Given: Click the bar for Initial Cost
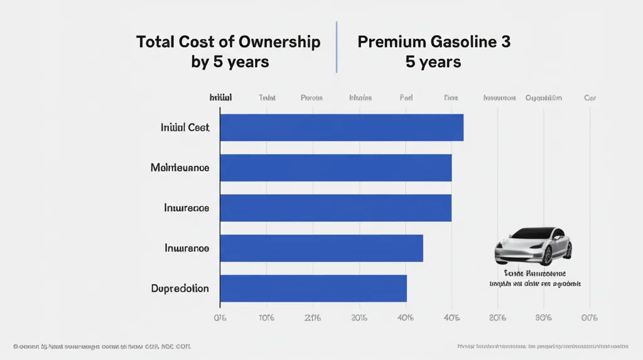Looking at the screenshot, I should pyautogui.click(x=342, y=128).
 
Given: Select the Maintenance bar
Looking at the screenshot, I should pyautogui.click(x=336, y=168).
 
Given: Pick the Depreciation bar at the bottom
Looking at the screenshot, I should pyautogui.click(x=313, y=288).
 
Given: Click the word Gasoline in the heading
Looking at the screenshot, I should pyautogui.click(x=465, y=42).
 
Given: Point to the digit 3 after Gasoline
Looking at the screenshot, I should pyautogui.click(x=506, y=42).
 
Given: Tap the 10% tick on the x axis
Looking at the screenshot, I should pyautogui.click(x=266, y=317).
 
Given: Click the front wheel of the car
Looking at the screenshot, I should pyautogui.click(x=546, y=254).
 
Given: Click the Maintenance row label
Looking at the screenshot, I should pyautogui.click(x=180, y=168).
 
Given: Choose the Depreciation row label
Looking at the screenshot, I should pyautogui.click(x=180, y=288).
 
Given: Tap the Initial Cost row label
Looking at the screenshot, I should pyautogui.click(x=185, y=128).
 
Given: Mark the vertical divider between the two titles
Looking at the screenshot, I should pyautogui.click(x=337, y=47).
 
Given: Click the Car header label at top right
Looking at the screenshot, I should pyautogui.click(x=590, y=98).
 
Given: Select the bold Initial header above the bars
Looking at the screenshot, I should pyautogui.click(x=220, y=98).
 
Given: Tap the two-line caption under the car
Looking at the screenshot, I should pyautogui.click(x=534, y=278).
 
